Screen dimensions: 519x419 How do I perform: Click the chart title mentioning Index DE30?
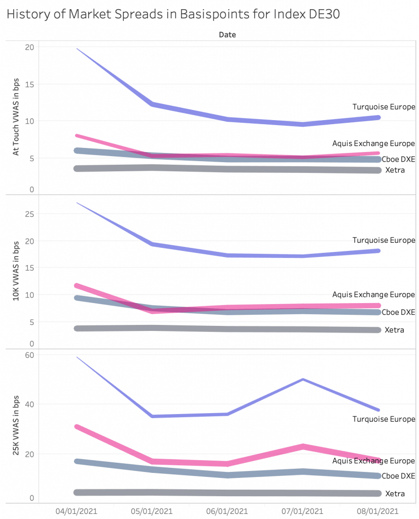[x=173, y=15]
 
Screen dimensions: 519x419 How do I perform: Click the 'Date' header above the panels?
[x=227, y=35]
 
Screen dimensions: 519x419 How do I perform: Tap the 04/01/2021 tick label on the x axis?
[x=76, y=510]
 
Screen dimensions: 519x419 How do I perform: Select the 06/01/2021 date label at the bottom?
[x=228, y=510]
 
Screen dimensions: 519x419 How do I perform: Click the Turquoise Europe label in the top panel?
[x=384, y=107]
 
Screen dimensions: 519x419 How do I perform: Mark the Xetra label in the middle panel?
[x=395, y=330]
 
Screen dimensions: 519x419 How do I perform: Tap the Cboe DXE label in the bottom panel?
[x=398, y=476]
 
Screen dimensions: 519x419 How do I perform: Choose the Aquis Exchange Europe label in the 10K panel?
[x=373, y=294]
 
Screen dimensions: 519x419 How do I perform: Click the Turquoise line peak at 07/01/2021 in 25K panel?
[x=303, y=379]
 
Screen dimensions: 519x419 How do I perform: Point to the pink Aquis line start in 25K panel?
[x=76, y=427]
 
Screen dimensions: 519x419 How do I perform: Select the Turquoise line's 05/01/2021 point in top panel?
[x=152, y=104]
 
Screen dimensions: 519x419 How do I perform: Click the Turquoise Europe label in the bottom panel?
[x=384, y=419]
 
